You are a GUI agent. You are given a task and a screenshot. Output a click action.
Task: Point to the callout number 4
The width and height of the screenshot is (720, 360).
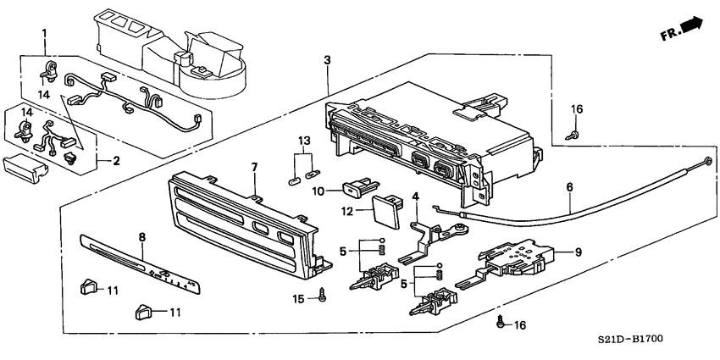click(x=416, y=197)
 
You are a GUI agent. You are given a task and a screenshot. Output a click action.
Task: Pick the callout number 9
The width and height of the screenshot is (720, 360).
click(x=579, y=252)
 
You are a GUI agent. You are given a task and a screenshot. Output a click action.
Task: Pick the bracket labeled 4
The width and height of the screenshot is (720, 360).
click(x=424, y=233)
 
